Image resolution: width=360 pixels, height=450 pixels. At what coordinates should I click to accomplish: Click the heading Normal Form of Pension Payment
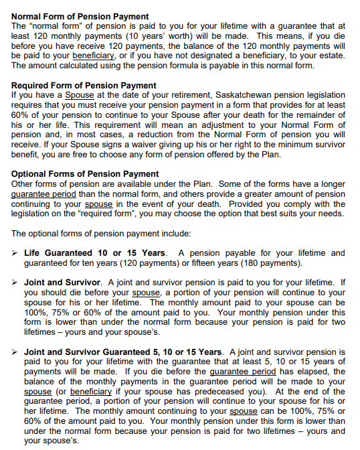(80, 16)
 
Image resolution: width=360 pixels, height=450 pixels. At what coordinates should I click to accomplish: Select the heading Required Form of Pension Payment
(84, 86)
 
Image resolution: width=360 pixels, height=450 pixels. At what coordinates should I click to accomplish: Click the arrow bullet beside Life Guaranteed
(15, 253)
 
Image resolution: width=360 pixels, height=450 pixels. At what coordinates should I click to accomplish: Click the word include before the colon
(175, 234)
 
